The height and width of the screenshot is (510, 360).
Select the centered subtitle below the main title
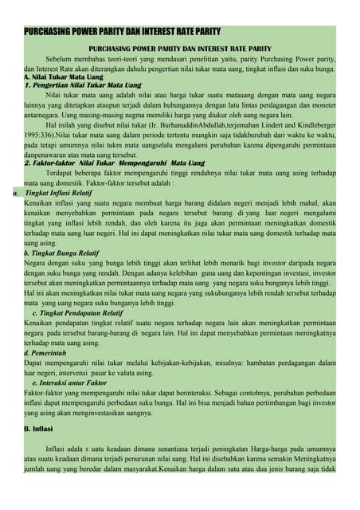(179, 49)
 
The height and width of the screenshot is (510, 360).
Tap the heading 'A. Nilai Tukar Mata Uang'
(63, 76)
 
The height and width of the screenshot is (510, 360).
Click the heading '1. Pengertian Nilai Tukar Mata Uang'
(83, 84)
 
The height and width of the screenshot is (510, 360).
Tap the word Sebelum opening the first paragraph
(61, 59)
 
